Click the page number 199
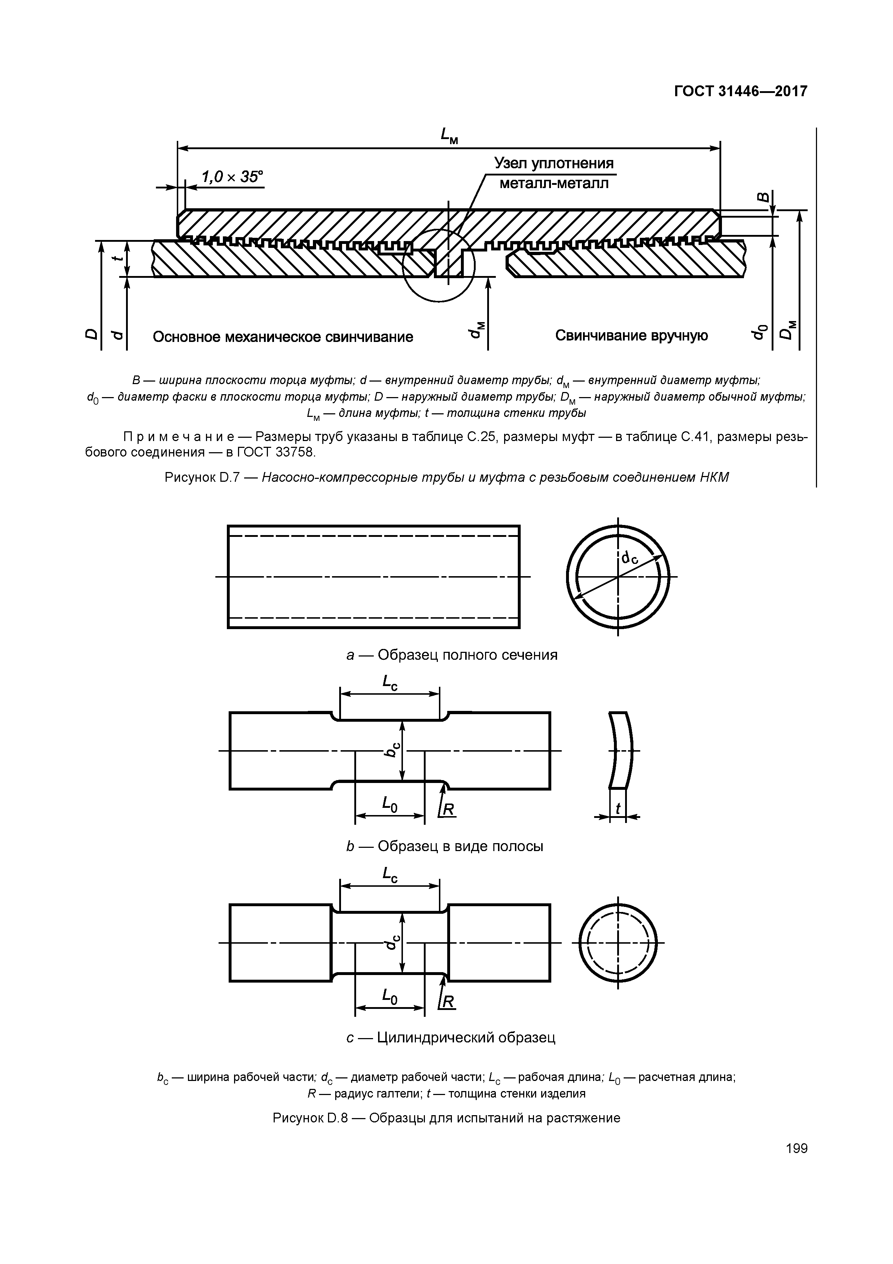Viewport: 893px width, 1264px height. pos(796,1148)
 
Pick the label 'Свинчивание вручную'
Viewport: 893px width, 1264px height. pos(631,336)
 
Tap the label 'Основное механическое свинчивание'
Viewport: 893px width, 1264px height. pos(283,337)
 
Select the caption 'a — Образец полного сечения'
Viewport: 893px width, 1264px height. pos(452,655)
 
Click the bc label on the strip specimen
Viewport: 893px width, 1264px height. pos(392,749)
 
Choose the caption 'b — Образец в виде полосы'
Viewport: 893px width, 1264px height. pos(445,846)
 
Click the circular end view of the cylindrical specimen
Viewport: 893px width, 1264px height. pos(618,943)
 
